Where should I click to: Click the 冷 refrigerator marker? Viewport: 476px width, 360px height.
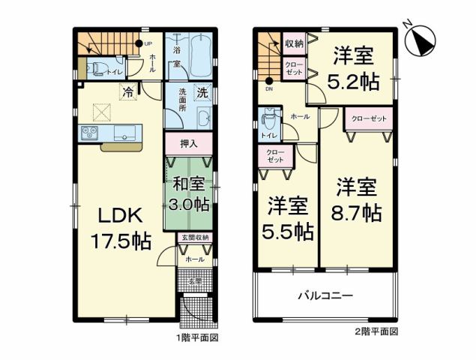point(128,93)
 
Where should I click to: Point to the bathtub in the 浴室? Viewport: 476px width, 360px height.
point(198,52)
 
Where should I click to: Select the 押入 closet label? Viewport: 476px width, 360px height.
point(190,142)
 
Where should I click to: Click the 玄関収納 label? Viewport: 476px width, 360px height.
point(194,238)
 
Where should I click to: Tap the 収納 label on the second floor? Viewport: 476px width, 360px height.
point(293,43)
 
